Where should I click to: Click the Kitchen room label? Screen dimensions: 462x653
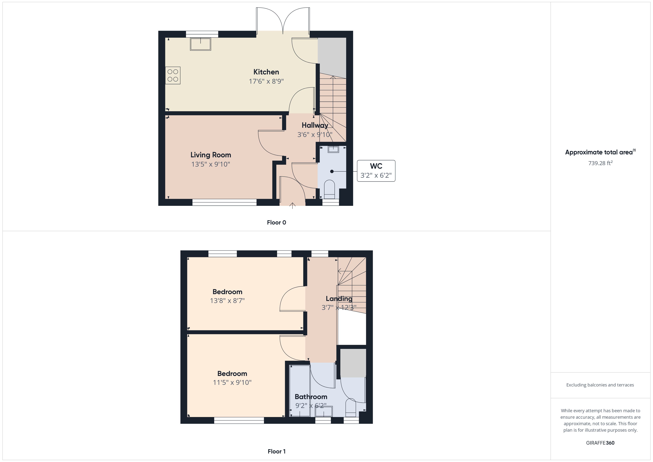[x=266, y=72]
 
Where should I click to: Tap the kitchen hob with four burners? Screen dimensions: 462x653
[x=173, y=75]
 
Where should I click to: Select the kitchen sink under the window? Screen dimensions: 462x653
[x=200, y=44]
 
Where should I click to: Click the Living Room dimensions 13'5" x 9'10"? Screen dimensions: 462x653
[x=210, y=164]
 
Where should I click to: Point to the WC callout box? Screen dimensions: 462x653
[x=376, y=171]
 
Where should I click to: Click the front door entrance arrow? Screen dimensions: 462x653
[x=292, y=206]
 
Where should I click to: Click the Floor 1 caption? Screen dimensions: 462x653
[x=277, y=451]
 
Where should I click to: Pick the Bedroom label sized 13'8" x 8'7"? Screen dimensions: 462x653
[x=227, y=292]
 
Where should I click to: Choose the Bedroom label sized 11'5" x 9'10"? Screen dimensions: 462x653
[x=232, y=374]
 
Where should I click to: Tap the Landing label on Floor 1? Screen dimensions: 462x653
[x=339, y=299]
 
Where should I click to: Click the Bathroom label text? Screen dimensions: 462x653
[x=311, y=397]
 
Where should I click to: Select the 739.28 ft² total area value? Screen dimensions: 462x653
[x=600, y=163]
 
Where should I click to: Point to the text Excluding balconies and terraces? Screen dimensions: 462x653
[x=600, y=385]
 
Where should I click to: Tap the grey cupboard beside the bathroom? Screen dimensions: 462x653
[x=353, y=363]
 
